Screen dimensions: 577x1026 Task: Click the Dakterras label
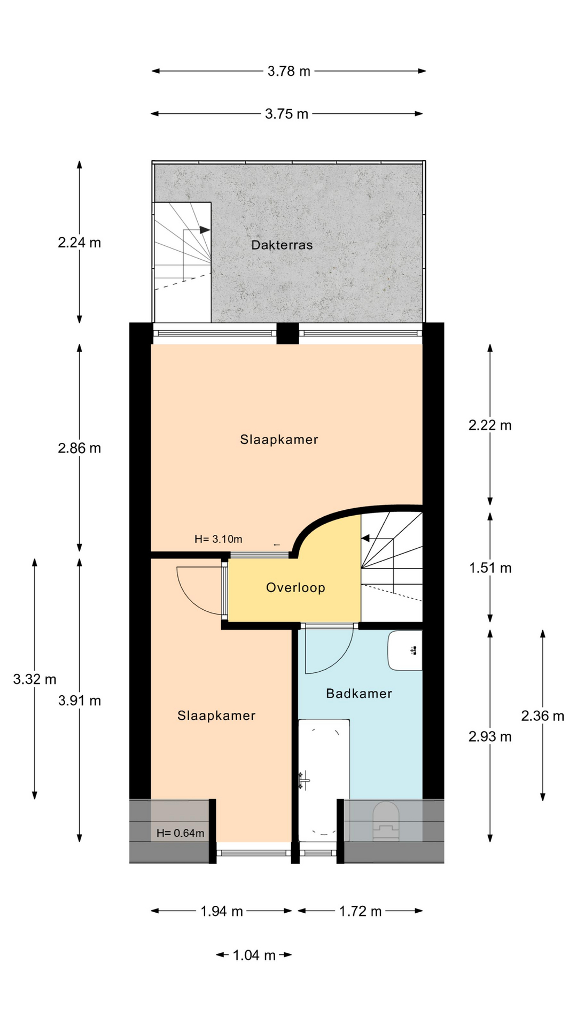282,245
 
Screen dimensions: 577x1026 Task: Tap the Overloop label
295,588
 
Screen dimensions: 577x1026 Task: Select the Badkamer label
359,694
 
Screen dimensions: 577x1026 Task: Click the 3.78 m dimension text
288,71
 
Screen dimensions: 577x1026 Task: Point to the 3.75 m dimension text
286,114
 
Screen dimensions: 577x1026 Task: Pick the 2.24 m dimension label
79,243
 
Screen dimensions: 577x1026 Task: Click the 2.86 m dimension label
79,448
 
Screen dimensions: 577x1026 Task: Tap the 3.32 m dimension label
35,679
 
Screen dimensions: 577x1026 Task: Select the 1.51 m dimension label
490,568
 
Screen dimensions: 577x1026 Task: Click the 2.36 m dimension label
542,716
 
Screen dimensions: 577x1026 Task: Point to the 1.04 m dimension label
254,955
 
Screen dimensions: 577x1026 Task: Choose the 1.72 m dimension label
360,911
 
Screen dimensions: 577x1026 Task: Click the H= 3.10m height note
218,539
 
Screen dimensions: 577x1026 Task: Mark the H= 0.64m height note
180,833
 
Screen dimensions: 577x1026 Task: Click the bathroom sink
405,650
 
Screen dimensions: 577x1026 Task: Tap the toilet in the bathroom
386,821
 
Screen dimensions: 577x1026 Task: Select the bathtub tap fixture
304,781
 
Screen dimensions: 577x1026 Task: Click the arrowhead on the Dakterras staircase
205,230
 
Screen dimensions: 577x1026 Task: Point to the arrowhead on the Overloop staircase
366,538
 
